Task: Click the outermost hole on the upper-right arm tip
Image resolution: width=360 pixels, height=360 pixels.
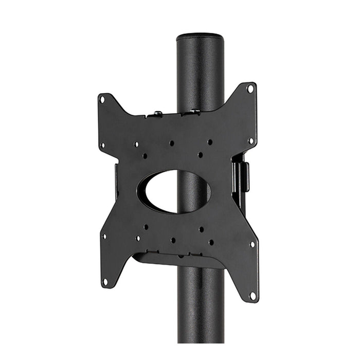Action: tap(250, 88)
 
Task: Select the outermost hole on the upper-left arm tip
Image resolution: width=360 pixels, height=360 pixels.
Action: tap(102, 99)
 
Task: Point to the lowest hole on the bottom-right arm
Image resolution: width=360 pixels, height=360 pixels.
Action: tap(253, 295)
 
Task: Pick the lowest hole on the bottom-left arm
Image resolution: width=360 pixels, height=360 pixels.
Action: tap(105, 281)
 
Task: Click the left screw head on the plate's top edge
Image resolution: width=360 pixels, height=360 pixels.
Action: tap(158, 113)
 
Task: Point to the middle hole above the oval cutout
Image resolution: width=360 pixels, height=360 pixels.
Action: tap(171, 143)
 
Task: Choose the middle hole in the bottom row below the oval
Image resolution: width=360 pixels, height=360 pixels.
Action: tap(173, 240)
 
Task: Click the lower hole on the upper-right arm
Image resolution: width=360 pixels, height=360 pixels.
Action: tap(251, 139)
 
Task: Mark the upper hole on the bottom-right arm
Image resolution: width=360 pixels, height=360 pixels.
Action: tap(253, 244)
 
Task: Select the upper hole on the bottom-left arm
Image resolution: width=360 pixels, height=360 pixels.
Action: tap(104, 237)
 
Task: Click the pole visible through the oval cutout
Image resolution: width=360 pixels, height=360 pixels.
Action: tap(193, 191)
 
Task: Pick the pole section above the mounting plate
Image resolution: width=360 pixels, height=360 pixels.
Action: tap(200, 72)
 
